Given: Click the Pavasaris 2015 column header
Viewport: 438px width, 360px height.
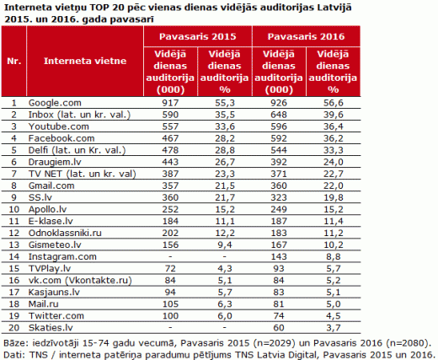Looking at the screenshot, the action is pyautogui.click(x=198, y=36).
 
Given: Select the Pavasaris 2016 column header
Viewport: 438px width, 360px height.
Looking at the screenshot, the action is pyautogui.click(x=306, y=36).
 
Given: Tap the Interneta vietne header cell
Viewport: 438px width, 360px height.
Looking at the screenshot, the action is pyautogui.click(x=85, y=61).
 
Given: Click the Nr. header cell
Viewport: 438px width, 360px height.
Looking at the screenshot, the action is pyautogui.click(x=14, y=61).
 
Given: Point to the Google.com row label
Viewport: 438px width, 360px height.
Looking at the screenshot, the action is pyautogui.click(x=55, y=103).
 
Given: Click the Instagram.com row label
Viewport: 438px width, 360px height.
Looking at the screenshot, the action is pyautogui.click(x=62, y=256).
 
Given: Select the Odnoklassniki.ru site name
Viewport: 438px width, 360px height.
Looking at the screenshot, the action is pyautogui.click(x=65, y=233).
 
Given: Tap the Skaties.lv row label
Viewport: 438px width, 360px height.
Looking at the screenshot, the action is pyautogui.click(x=51, y=328).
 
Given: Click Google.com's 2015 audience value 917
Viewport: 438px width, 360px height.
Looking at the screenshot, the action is pyautogui.click(x=170, y=103).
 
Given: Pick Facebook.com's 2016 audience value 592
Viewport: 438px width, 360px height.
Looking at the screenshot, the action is pyautogui.click(x=279, y=138).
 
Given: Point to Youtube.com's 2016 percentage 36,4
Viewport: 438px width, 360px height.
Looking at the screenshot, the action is pyautogui.click(x=333, y=126).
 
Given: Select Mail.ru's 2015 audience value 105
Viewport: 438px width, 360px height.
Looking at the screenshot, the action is pyautogui.click(x=170, y=304).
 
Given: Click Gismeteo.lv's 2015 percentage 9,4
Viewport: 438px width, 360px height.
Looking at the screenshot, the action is pyautogui.click(x=224, y=244).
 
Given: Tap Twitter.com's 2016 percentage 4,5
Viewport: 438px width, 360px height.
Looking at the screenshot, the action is pyautogui.click(x=333, y=316).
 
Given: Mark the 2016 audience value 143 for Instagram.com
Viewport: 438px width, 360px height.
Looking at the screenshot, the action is pyautogui.click(x=279, y=256).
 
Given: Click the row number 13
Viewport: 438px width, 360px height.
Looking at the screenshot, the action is pyautogui.click(x=14, y=244).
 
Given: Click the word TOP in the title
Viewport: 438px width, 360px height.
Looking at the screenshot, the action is pyautogui.click(x=99, y=8).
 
